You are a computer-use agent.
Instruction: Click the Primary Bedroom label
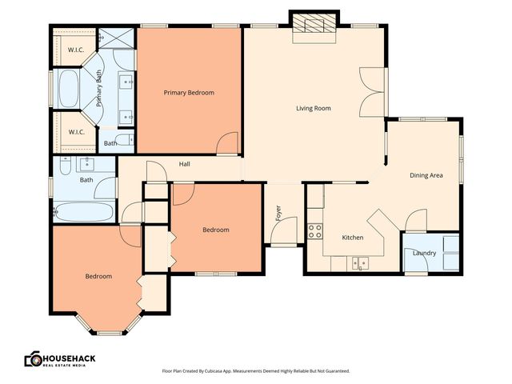click(x=189, y=93)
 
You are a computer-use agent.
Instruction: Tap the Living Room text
click(x=313, y=108)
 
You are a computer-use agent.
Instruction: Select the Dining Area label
click(x=426, y=175)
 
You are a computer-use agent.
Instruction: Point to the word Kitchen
click(x=353, y=238)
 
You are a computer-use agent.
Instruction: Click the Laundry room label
click(x=424, y=254)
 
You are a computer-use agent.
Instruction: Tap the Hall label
click(x=184, y=164)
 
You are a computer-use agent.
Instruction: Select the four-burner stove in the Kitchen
click(x=314, y=231)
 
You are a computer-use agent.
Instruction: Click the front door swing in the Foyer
click(x=282, y=234)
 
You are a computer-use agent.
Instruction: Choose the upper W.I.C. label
click(x=76, y=50)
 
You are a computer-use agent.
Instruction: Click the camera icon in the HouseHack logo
click(x=34, y=359)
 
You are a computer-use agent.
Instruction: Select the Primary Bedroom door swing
click(x=229, y=144)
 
